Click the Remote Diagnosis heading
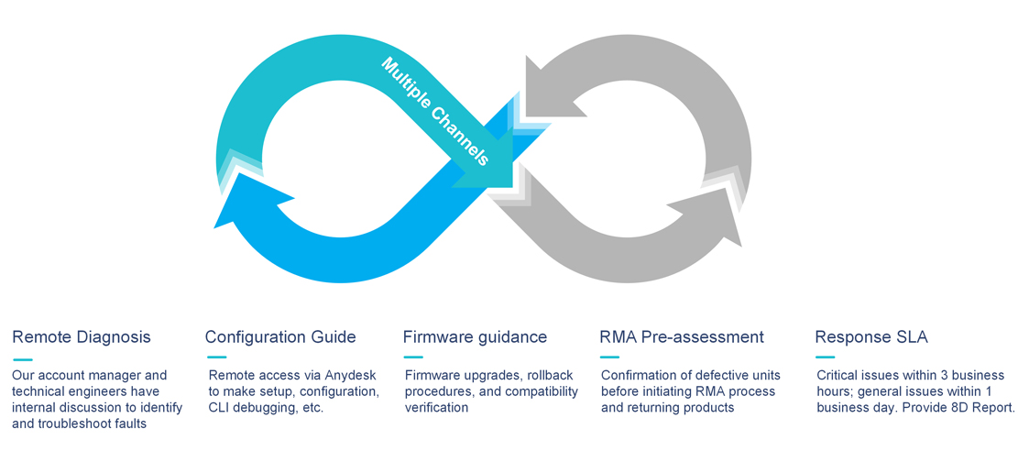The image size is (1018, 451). pos(82,337)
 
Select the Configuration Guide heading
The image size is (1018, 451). pos(280,337)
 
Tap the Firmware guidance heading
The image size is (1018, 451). pos(475,337)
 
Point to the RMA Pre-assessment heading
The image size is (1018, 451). pos(682,337)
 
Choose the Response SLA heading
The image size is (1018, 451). pos(871,337)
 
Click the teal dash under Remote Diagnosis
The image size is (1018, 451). pos(23,357)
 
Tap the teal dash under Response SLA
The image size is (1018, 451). pos(825,357)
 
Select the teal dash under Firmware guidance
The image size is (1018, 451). pos(413,357)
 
